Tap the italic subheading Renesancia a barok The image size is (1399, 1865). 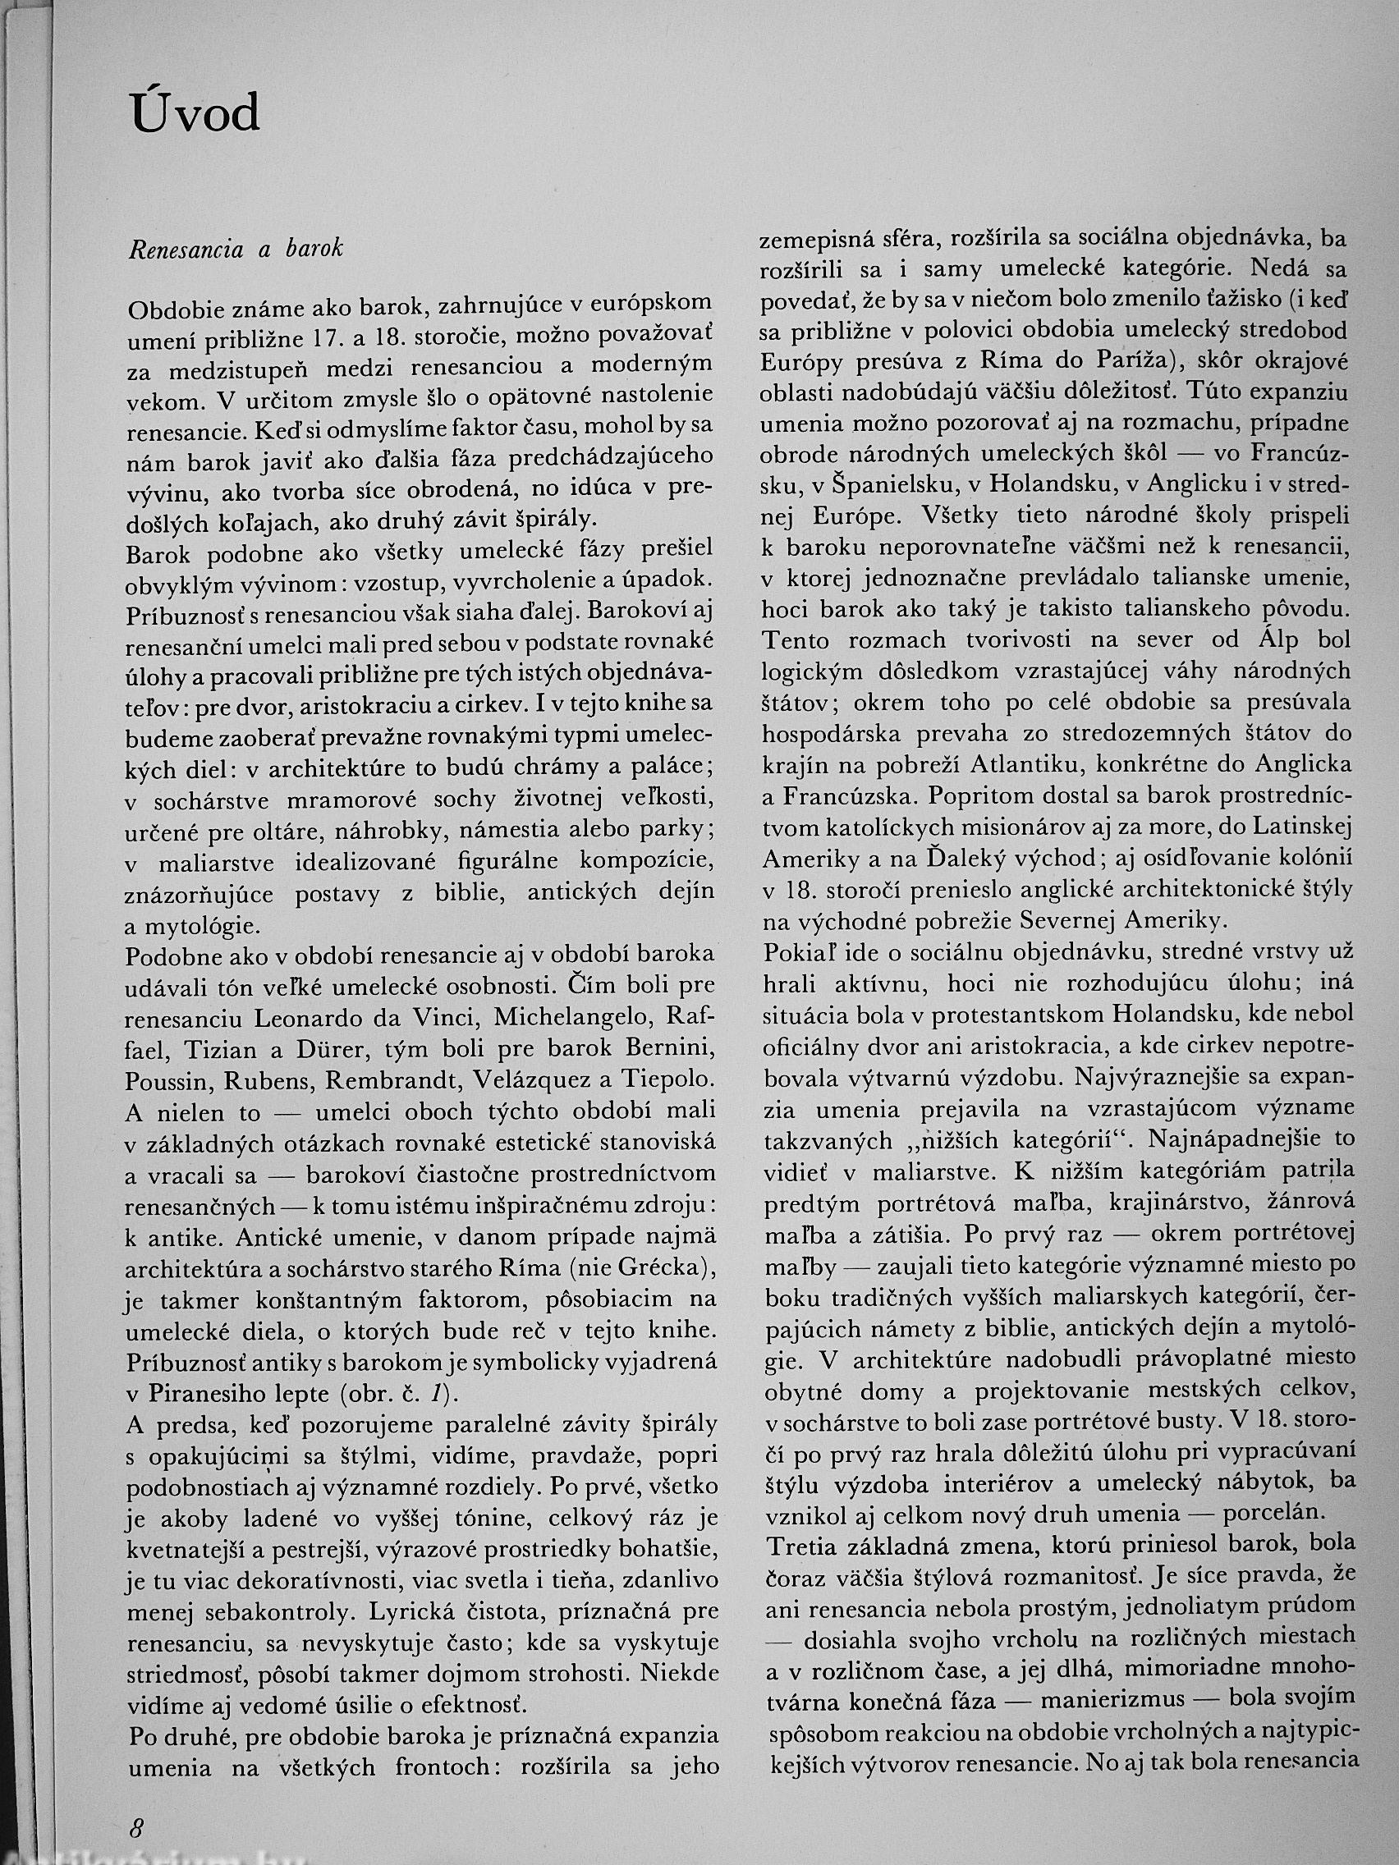(236, 250)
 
